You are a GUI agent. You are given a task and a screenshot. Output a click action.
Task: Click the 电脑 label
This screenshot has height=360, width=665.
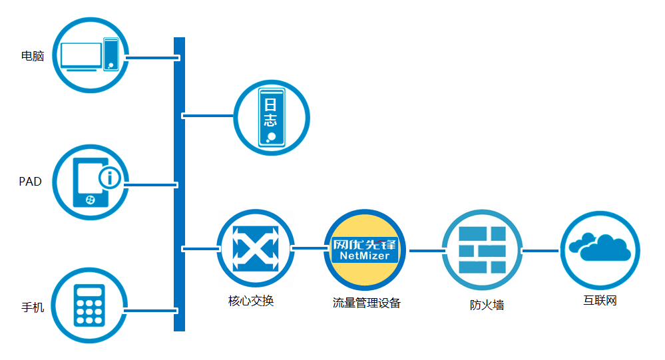coord(33,57)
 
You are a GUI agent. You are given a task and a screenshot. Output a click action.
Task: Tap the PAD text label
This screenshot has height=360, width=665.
coord(31,182)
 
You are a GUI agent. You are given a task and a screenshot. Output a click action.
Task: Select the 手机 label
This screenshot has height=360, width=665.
coord(33,307)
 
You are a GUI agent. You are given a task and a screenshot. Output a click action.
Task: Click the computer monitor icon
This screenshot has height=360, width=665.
coord(81,56)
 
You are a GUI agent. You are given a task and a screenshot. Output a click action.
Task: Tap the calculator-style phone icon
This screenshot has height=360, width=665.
coord(89,306)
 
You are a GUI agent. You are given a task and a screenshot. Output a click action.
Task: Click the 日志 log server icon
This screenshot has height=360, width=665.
coord(272,117)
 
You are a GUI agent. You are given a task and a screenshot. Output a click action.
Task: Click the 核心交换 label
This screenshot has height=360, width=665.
coord(251,301)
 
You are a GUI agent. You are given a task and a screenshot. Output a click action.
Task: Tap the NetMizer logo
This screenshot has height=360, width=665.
coord(365,250)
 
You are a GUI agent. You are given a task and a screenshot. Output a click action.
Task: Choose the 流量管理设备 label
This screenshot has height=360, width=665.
coord(367,303)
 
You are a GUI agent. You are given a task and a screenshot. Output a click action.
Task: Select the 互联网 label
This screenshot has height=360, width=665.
coord(600,301)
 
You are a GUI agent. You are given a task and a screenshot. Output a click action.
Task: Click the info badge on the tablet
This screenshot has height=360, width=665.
coord(109,178)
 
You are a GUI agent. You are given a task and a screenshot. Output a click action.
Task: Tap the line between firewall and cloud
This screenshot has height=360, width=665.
coord(541,251)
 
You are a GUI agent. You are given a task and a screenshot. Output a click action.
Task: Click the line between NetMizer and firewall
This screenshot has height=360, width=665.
coord(425,251)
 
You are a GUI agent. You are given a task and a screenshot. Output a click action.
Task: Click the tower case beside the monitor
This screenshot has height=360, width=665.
coord(111,54)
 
